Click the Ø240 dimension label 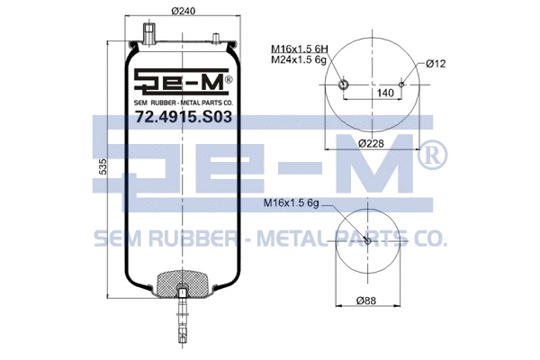[x=183, y=12]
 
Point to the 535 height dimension [x=104, y=166]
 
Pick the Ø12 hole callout [x=437, y=63]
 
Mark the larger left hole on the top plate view [x=343, y=85]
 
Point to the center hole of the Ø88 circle [x=367, y=249]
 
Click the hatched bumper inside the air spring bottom [x=183, y=284]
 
